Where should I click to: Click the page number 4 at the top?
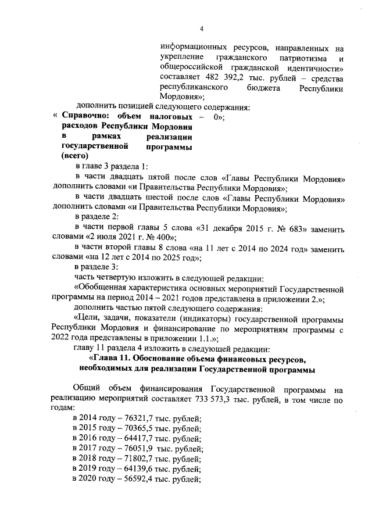point(201,28)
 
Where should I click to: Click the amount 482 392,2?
point(222,77)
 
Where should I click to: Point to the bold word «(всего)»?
point(74,156)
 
